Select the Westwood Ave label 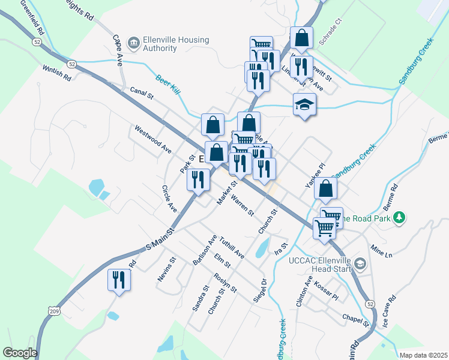153,139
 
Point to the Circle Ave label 169,199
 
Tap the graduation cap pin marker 304,104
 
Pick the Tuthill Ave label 232,246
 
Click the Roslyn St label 225,283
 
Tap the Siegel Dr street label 263,291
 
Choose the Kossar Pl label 327,289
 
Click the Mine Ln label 381,251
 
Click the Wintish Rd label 57,74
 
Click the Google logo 20,353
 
